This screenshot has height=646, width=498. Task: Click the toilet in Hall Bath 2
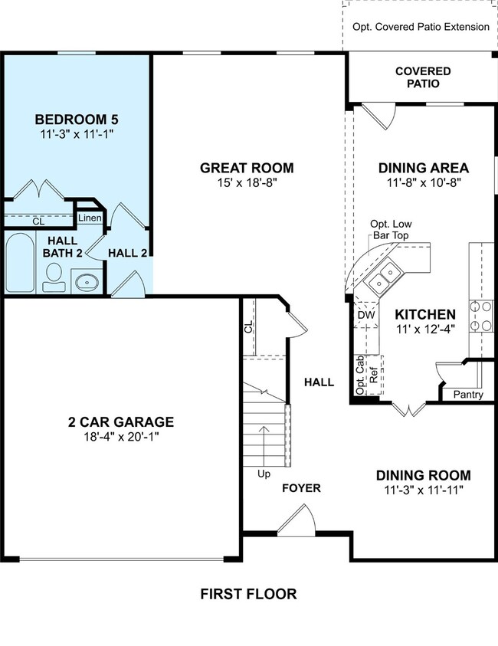[54, 277]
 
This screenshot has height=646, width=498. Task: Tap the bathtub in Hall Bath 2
[20, 262]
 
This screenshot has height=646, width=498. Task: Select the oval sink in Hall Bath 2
[87, 282]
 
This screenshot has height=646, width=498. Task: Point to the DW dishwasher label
[366, 315]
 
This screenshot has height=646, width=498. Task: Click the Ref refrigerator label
[374, 375]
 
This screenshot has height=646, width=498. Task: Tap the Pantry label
[468, 395]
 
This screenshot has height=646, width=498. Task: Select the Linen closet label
[90, 218]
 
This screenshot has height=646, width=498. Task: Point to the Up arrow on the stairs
[264, 446]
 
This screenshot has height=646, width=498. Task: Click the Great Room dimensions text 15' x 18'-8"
[247, 182]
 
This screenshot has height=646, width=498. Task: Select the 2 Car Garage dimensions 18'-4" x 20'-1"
[122, 436]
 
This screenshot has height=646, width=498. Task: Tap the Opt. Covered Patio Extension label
[421, 27]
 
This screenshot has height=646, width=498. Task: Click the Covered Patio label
[423, 77]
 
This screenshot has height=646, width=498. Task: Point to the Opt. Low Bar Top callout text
[391, 229]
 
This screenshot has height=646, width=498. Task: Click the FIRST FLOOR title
[248, 594]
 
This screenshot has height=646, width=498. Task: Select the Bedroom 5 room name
[77, 120]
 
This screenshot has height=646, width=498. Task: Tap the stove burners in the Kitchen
[481, 316]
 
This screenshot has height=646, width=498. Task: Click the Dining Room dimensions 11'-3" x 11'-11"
[424, 490]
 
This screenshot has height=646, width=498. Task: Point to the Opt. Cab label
[360, 375]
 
